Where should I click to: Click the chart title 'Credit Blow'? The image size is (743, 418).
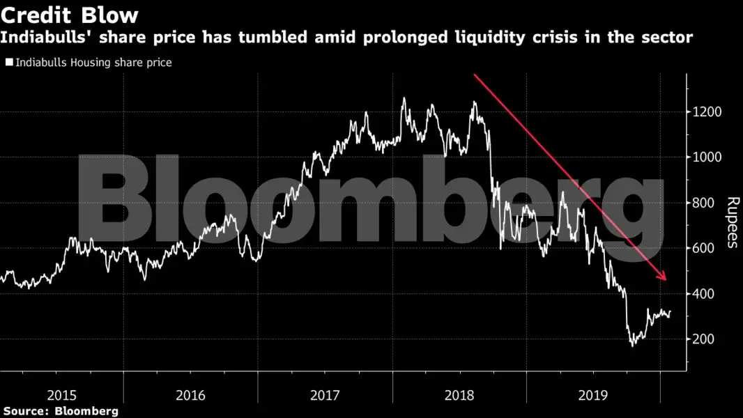pos(70,15)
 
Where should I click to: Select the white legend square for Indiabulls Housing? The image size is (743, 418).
pos(8,63)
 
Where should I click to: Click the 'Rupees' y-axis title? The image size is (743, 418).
pos(733,222)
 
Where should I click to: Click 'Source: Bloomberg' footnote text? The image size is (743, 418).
pos(59,412)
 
